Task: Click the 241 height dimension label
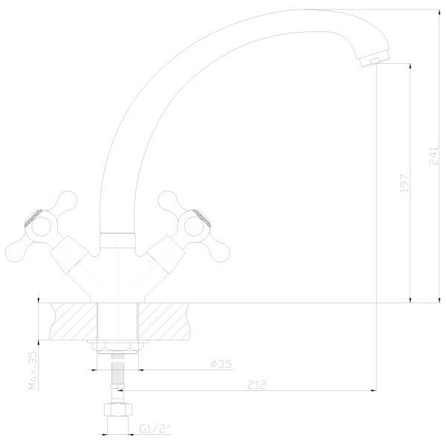click(x=433, y=156)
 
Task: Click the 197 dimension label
click(x=404, y=183)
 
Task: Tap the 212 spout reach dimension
click(x=257, y=384)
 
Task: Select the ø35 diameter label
click(x=221, y=364)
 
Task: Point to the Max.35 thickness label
click(x=33, y=370)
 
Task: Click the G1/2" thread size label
click(x=156, y=428)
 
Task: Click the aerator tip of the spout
click(x=375, y=60)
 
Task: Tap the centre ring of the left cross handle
click(x=41, y=227)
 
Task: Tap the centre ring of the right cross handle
click(x=194, y=227)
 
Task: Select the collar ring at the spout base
click(x=117, y=241)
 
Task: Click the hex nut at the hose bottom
click(x=117, y=410)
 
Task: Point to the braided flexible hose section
click(x=117, y=369)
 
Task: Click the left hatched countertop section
click(x=74, y=321)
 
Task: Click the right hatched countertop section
click(x=164, y=321)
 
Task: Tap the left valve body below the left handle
click(x=70, y=255)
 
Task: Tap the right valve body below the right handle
click(x=166, y=255)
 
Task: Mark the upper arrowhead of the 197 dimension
click(x=410, y=66)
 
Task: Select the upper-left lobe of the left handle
click(x=66, y=200)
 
